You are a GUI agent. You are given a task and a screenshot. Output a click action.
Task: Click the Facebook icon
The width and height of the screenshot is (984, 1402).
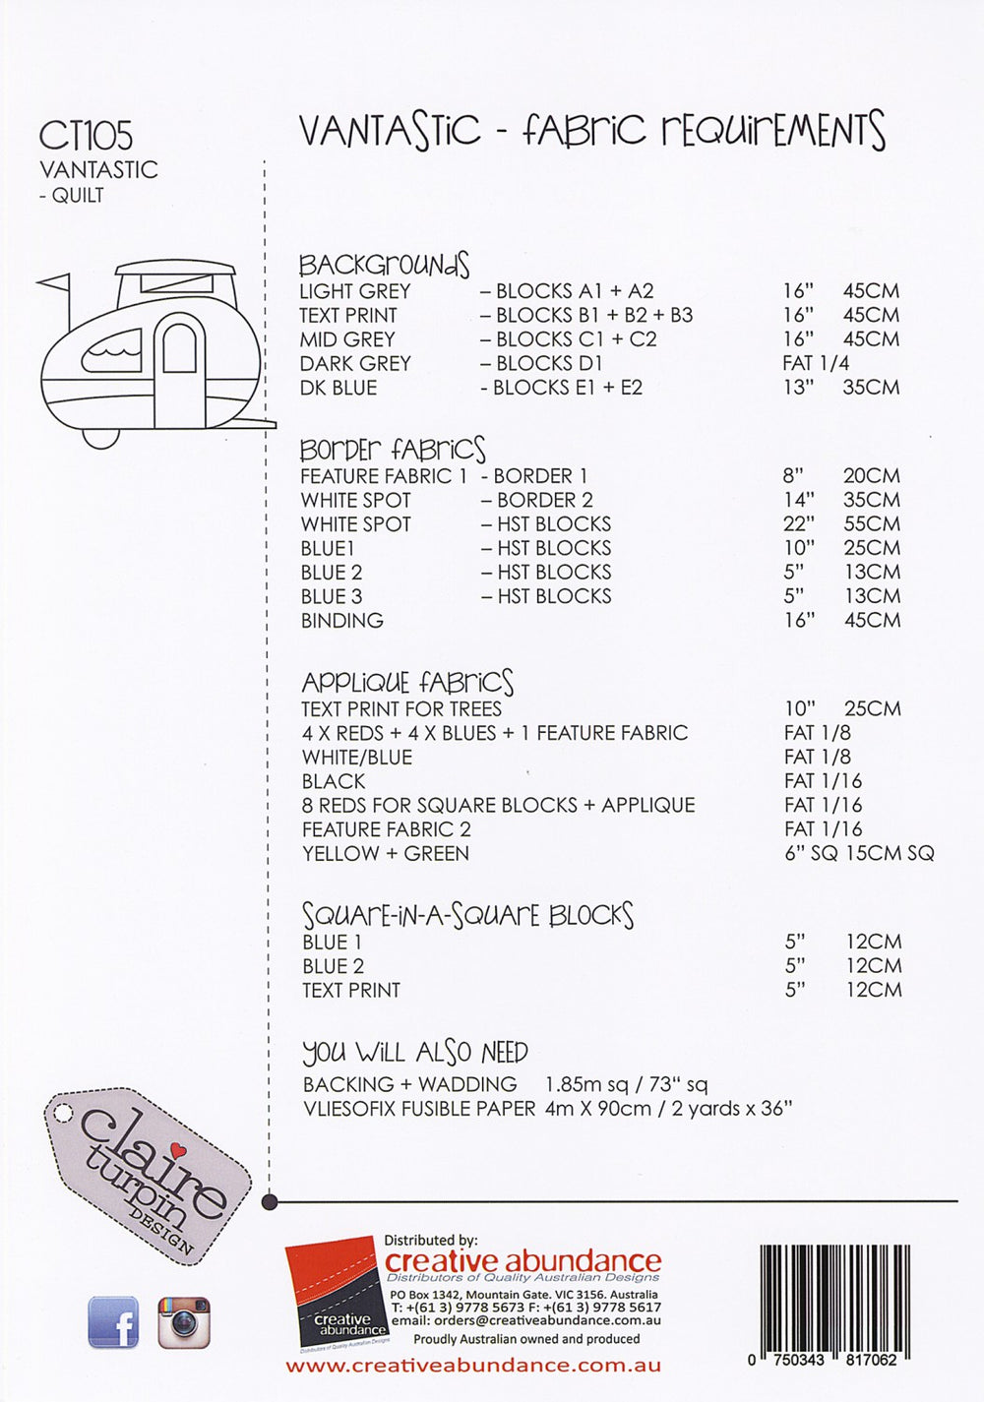113,1321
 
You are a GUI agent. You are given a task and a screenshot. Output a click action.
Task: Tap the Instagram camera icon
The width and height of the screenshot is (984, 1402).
184,1321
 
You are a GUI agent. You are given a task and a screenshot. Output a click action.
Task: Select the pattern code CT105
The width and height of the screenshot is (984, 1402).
86,136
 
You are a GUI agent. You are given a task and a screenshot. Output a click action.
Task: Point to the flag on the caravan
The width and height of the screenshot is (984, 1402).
53,283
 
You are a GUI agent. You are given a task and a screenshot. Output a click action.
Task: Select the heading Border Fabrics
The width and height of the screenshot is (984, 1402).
393,450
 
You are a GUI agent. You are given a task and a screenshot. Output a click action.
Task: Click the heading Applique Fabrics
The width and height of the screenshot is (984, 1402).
407,682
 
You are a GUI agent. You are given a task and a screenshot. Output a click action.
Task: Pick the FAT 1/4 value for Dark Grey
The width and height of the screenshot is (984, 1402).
816,363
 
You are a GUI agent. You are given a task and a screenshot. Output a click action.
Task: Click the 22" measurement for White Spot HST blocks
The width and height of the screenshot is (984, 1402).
798,524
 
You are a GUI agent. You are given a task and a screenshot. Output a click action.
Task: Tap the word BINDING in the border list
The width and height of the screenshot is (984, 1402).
342,621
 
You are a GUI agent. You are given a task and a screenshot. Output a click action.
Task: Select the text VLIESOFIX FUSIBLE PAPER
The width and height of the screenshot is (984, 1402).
419,1109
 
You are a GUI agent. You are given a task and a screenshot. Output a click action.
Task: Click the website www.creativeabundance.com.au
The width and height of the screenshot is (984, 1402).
473,1366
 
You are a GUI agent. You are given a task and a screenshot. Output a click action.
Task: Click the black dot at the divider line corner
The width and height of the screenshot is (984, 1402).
271,1201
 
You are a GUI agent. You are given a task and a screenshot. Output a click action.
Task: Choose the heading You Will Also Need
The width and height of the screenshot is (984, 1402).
415,1053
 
